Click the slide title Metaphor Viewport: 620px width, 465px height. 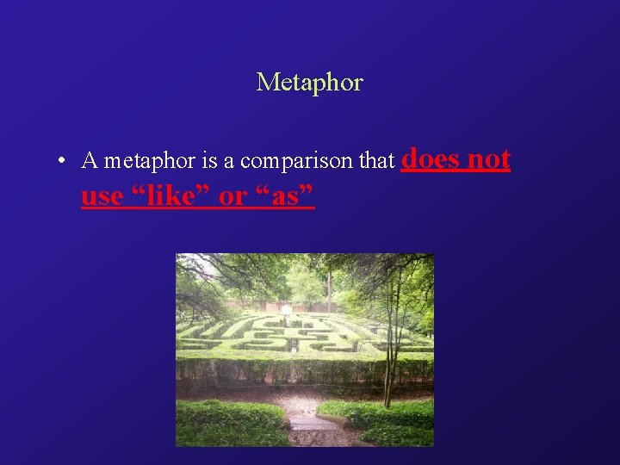click(x=310, y=83)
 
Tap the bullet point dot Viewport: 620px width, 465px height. click(x=63, y=161)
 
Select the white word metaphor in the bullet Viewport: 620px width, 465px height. click(x=140, y=161)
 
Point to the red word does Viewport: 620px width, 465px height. click(x=430, y=158)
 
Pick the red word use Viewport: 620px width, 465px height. click(x=102, y=196)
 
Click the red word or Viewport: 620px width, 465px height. click(x=232, y=196)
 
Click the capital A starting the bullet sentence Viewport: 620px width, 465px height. click(x=88, y=161)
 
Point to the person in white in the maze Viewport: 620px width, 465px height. click(x=286, y=312)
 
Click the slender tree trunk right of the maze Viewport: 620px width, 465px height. click(x=392, y=344)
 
